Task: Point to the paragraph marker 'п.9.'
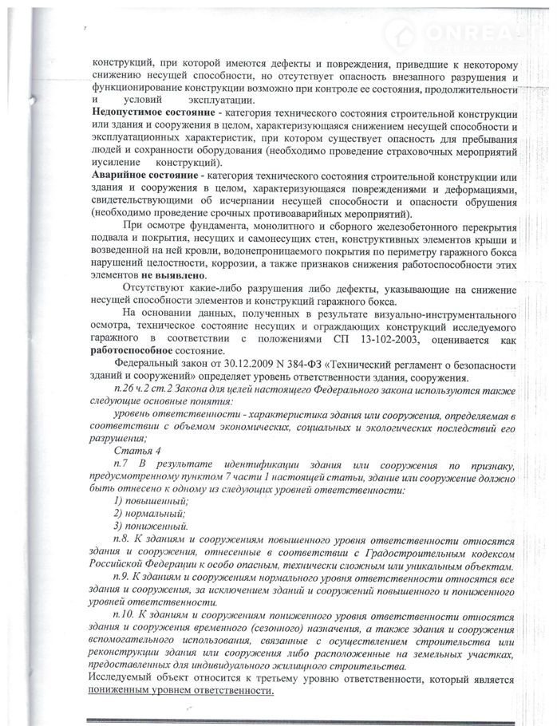pyautogui.click(x=125, y=576)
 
